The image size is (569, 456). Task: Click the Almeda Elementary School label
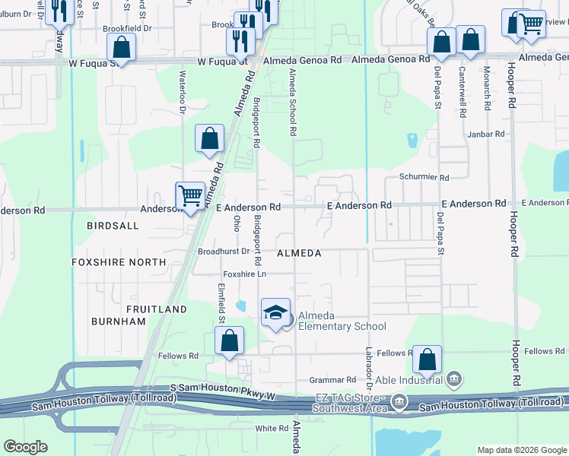342,321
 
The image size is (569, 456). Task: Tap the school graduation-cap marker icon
275,312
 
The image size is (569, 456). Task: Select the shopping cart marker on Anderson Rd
189,195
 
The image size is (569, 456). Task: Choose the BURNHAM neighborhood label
118,321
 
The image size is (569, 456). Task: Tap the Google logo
25,447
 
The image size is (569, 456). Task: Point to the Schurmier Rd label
424,177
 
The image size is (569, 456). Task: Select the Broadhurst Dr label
224,250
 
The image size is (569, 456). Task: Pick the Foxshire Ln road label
245,274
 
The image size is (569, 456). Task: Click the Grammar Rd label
332,379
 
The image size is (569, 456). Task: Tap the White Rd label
272,428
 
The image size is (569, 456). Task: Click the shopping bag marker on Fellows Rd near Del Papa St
428,359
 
